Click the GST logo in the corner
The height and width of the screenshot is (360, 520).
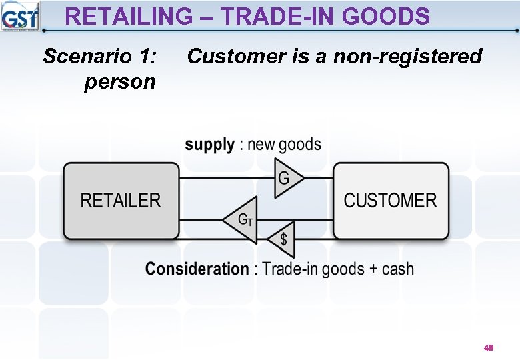pyautogui.click(x=20, y=16)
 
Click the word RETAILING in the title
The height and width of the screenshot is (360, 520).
pyautogui.click(x=127, y=16)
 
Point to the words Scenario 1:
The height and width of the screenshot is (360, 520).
pyautogui.click(x=100, y=57)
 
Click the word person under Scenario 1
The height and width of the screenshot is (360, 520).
pyautogui.click(x=120, y=82)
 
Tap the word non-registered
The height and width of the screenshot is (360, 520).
pyautogui.click(x=407, y=57)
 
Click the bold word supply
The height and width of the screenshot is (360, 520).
pyautogui.click(x=209, y=145)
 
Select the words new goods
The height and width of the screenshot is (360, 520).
pyautogui.click(x=284, y=145)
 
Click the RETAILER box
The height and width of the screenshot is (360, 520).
pyautogui.click(x=121, y=201)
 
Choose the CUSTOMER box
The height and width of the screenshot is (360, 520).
pyautogui.click(x=391, y=201)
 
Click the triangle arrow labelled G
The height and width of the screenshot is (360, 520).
pyautogui.click(x=287, y=179)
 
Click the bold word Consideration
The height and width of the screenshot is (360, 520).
pyautogui.click(x=197, y=269)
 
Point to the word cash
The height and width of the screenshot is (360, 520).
pyautogui.click(x=398, y=269)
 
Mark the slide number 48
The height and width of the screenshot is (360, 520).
pyautogui.click(x=489, y=348)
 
